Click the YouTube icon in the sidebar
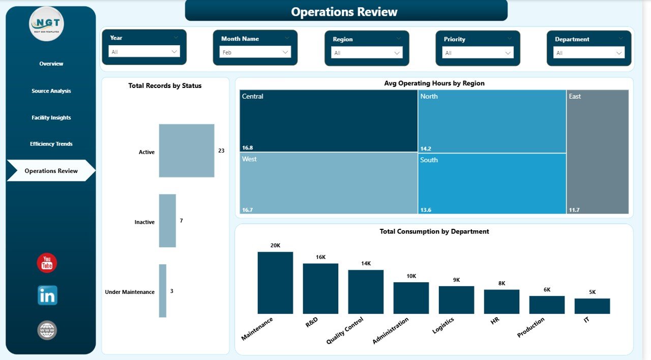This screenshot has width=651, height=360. pos(47,263)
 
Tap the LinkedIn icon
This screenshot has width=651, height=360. pos(47,295)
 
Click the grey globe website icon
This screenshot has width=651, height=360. pos(47,331)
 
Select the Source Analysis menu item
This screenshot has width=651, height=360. pos(51,91)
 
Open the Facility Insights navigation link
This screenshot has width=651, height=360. pos(51,117)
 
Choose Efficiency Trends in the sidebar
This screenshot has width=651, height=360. pos(51,144)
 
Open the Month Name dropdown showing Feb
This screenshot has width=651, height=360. pos(255,52)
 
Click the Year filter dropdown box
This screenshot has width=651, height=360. pos(144,51)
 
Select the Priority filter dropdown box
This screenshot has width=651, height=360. pos(478,52)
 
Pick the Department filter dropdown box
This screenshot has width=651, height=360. pos(589,52)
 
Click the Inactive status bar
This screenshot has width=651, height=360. pos(167,221)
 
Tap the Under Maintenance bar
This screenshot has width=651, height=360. pos(163,291)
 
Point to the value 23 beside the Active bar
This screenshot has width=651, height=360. pos(221,151)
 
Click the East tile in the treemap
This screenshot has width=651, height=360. pos(598,152)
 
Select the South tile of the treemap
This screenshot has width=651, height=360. pos(492,183)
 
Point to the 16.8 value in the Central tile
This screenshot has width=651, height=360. pos(248,148)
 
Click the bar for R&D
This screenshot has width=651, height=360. pos(320,288)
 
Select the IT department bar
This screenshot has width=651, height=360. pos(592,306)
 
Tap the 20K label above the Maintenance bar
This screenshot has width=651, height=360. pos(275,246)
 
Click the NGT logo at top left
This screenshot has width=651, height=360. pos(47,23)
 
